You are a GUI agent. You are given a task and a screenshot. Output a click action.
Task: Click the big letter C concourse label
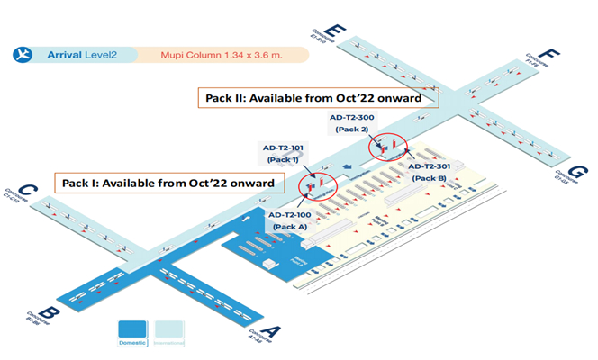[28, 192]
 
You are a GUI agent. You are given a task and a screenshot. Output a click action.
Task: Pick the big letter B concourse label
[50, 313]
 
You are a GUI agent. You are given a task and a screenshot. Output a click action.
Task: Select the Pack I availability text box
[168, 183]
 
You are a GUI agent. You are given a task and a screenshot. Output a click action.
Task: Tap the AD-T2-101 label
[283, 148]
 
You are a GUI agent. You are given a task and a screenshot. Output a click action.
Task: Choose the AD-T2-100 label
[290, 215]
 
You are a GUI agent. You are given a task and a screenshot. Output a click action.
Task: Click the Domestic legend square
[133, 328]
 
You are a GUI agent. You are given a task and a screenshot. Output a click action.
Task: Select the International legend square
[168, 328]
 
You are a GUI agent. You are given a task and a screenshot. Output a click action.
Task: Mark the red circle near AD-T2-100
[320, 186]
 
